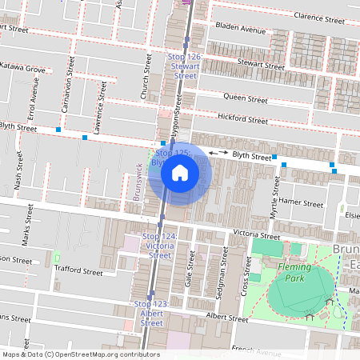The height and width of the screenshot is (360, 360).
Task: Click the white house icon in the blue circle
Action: pyautogui.click(x=180, y=172)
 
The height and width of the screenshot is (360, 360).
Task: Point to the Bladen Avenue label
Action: pyautogui.click(x=239, y=30)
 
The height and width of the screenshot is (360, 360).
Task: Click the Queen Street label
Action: pyautogui.click(x=246, y=99)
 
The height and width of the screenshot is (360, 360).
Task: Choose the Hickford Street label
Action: pyautogui.click(x=242, y=120)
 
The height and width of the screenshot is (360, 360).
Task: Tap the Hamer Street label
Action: pyautogui.click(x=301, y=203)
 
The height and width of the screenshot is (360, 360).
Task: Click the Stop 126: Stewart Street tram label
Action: pyautogui.click(x=185, y=66)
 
